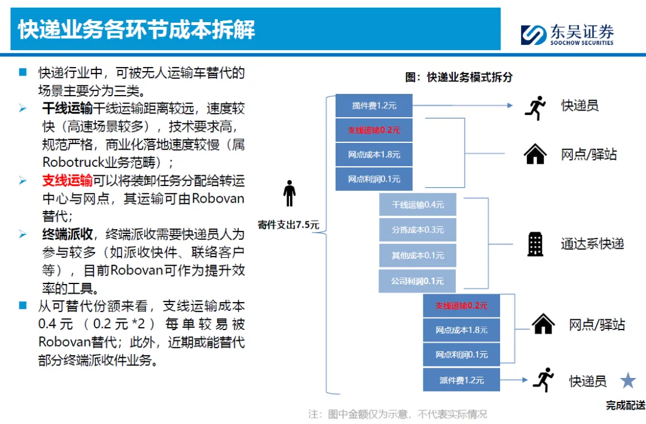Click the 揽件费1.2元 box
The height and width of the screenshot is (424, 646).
click(374, 106)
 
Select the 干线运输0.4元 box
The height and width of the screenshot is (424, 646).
click(418, 205)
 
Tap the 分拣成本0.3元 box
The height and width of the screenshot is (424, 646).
click(418, 230)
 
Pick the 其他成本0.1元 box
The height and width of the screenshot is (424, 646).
click(418, 255)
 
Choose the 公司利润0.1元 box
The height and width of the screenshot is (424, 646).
click(418, 280)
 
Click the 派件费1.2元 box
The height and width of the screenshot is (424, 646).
click(461, 380)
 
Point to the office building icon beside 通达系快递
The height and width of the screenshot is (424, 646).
click(535, 243)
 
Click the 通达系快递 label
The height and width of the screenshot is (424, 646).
click(592, 243)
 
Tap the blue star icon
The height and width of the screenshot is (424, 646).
click(627, 380)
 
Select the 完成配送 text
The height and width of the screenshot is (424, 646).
click(625, 405)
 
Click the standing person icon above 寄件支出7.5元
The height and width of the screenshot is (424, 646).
click(290, 193)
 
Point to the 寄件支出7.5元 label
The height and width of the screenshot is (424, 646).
click(288, 225)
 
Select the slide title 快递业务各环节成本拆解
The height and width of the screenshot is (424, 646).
click(136, 29)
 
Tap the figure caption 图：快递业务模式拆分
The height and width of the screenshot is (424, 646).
click(458, 77)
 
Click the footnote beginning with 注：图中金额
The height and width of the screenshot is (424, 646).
click(397, 414)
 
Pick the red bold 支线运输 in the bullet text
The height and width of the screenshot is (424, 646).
click(67, 181)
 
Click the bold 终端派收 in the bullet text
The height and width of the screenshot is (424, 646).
click(67, 234)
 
